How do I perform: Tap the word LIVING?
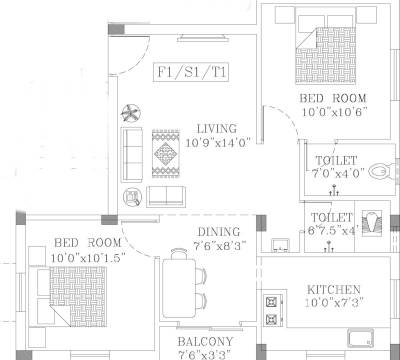[x=216, y=129]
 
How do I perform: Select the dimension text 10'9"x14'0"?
[x=216, y=142]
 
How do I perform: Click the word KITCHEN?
[x=334, y=290]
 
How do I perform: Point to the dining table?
[x=180, y=281]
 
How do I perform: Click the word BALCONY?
[x=206, y=341]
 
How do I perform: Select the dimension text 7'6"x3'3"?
[x=206, y=353]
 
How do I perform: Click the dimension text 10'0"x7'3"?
[x=336, y=303]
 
